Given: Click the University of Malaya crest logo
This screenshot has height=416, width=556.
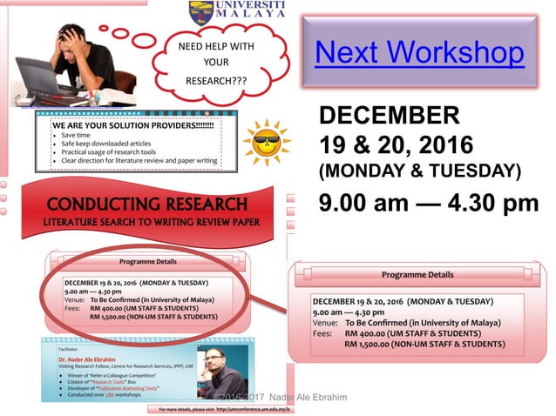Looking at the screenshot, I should coord(200,12).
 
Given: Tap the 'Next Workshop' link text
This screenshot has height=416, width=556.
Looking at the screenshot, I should coord(419,52).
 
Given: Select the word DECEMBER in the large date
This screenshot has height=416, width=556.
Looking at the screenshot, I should coord(389,115).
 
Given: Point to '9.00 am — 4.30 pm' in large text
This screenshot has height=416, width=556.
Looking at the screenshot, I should coord(429,205).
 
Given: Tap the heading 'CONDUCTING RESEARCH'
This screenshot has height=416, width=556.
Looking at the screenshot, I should coord(147,205).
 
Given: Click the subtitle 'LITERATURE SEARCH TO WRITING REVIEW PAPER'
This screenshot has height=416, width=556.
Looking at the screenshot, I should coord(147,223).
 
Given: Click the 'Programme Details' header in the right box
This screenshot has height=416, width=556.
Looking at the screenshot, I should coord(417,274).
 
